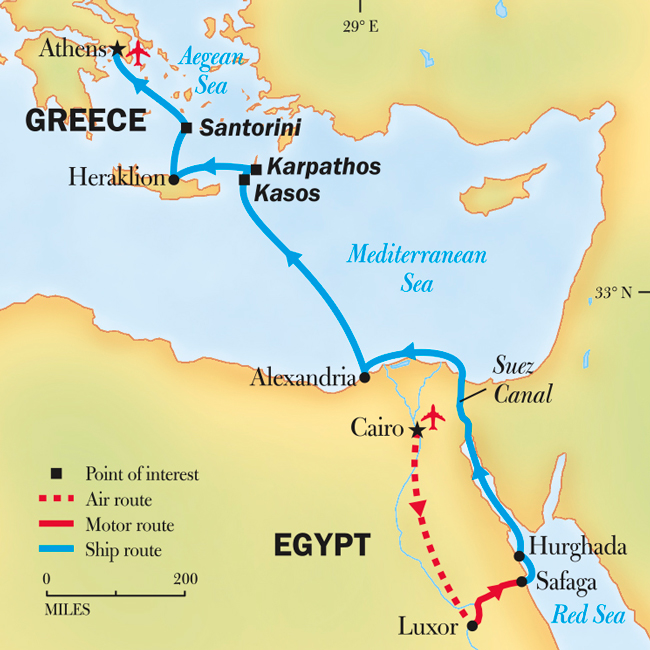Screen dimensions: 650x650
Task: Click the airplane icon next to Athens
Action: (x=138, y=53)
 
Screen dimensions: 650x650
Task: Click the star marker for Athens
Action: (x=117, y=48)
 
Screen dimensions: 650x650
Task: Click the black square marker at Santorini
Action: (x=186, y=128)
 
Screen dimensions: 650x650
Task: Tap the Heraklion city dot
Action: (x=174, y=180)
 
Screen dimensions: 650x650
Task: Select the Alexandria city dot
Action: (x=364, y=378)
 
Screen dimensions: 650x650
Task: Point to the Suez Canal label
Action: (x=521, y=381)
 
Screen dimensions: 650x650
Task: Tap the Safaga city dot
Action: (x=521, y=581)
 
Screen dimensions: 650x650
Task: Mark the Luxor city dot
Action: (x=473, y=628)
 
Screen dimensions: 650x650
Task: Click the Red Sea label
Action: (x=589, y=615)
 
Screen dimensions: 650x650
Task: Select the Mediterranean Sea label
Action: (x=417, y=269)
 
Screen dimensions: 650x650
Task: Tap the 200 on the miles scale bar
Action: (x=185, y=579)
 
